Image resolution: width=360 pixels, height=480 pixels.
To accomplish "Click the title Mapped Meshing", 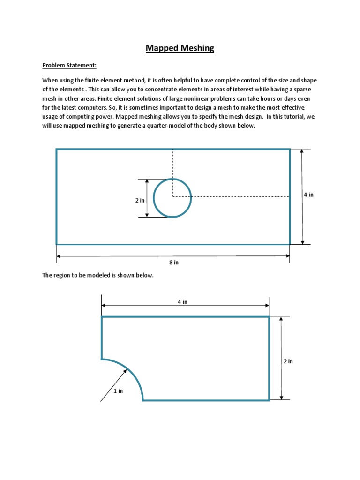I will [180, 48].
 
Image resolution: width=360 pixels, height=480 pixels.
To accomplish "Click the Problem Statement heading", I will [69, 65].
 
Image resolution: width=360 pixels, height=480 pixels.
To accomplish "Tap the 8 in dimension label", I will [173, 262].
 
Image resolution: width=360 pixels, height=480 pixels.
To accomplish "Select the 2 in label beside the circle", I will [140, 200].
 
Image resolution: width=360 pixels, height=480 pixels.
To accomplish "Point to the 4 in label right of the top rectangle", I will [308, 195].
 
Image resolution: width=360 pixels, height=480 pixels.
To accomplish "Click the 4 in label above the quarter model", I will [182, 302].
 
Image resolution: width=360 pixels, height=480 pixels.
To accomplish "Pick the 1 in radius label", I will [118, 391].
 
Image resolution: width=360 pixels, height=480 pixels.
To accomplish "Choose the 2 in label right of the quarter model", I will [288, 361].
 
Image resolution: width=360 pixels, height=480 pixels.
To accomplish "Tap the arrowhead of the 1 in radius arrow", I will [125, 370].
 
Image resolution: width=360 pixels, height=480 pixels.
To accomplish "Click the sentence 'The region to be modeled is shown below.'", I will [98, 275].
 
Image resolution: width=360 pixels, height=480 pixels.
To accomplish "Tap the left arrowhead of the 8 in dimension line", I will [59, 256].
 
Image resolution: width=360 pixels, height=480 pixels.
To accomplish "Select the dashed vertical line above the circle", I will [173, 164].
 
